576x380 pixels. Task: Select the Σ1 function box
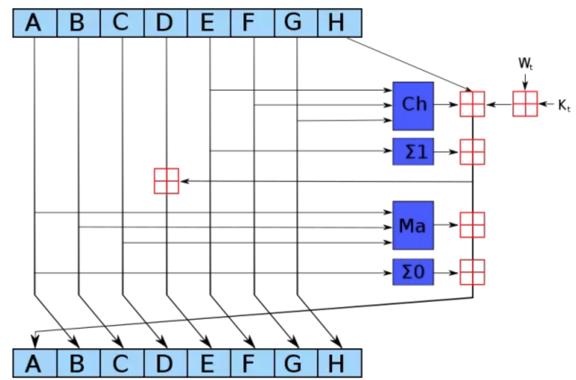pos(413,151)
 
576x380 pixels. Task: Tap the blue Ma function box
pos(413,225)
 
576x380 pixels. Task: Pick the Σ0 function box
pos(413,272)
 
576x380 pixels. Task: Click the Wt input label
pos(525,63)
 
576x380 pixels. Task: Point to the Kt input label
pos(564,105)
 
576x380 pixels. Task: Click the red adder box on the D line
pos(166,181)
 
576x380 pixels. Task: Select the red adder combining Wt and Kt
pos(525,104)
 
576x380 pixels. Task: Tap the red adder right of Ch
pos(472,104)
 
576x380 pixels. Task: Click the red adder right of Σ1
pos(472,151)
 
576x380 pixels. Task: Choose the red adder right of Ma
pos(472,225)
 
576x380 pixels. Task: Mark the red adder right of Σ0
pos(472,272)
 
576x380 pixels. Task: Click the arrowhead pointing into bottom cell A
pos(35,341)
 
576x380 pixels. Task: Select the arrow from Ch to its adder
pos(446,104)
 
